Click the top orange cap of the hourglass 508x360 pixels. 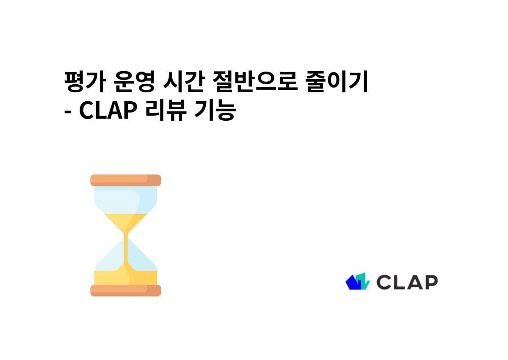[126, 180]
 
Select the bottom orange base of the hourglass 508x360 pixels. [126, 291]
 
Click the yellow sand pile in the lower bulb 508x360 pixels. [126, 277]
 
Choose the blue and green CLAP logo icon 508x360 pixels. [358, 282]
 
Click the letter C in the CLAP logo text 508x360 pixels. [384, 282]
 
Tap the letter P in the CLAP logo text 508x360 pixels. [431, 282]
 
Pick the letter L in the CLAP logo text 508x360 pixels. [399, 282]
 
